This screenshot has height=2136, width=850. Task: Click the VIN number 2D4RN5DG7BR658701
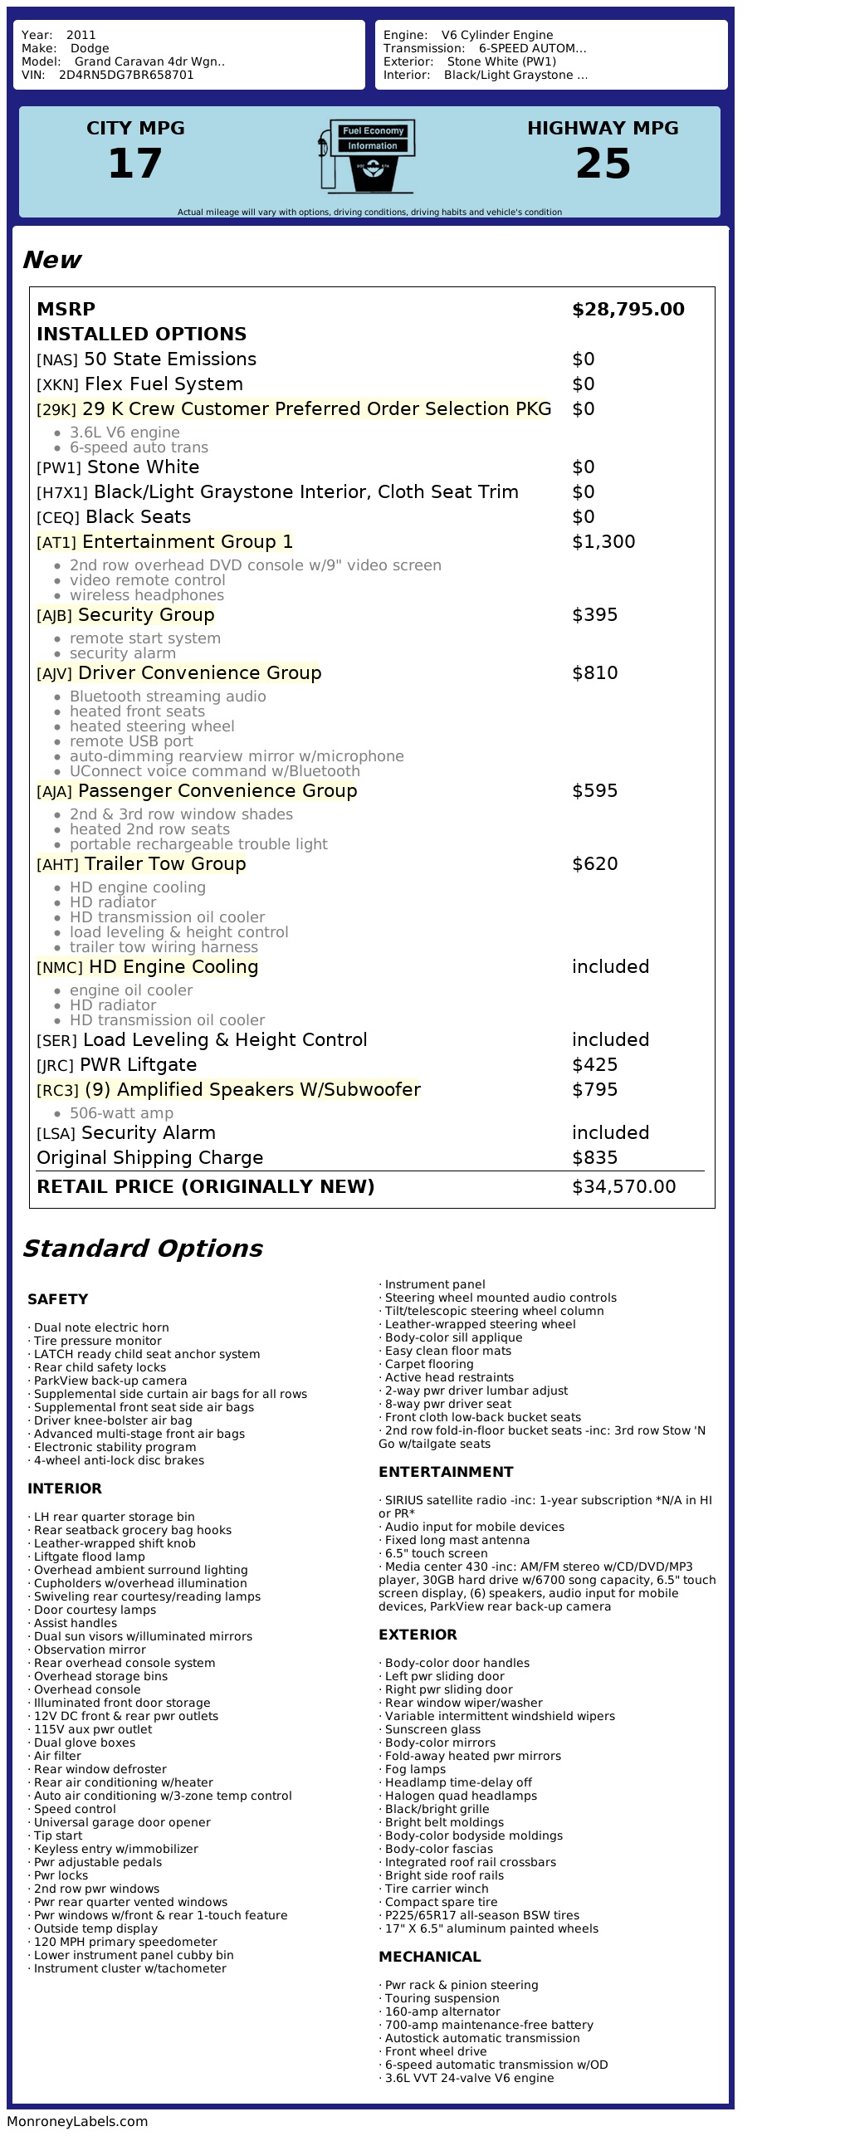(126, 75)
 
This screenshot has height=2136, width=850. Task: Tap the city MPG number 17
(135, 163)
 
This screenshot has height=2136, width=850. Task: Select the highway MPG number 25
(603, 163)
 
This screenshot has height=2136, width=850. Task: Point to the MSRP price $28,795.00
(628, 310)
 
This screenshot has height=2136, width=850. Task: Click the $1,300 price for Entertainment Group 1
(603, 542)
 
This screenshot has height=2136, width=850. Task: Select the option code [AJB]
(54, 616)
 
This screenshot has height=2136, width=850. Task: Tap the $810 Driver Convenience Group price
(594, 673)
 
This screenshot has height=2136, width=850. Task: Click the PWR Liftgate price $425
(594, 1065)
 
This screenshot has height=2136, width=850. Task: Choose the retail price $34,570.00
(623, 1187)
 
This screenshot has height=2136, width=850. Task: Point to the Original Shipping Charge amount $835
(594, 1158)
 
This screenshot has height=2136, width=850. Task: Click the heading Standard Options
(142, 1249)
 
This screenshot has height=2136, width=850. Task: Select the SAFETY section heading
(57, 1299)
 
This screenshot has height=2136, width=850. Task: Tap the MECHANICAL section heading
(429, 1957)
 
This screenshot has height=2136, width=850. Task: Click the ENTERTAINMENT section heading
(446, 1472)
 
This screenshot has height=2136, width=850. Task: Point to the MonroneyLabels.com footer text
(77, 2121)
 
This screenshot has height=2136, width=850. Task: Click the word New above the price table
(51, 260)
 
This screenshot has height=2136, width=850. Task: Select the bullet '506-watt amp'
(121, 1113)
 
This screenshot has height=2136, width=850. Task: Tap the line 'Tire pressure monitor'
(98, 1341)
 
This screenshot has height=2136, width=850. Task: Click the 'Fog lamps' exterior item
(415, 1769)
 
